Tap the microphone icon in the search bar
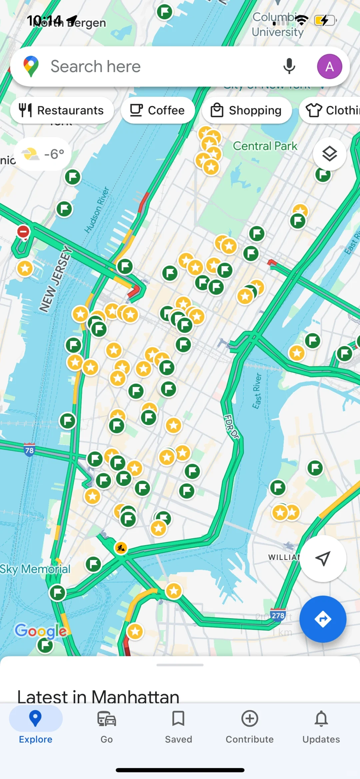pyautogui.click(x=289, y=66)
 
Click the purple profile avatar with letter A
pyautogui.click(x=329, y=66)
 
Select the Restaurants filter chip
pyautogui.click(x=62, y=110)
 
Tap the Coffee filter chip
pyautogui.click(x=158, y=110)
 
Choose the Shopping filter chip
pyautogui.click(x=247, y=110)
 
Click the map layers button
pyautogui.click(x=329, y=154)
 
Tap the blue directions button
pyautogui.click(x=322, y=619)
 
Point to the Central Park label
pyautogui.click(x=265, y=146)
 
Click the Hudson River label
pyautogui.click(x=97, y=210)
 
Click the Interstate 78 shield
pyautogui.click(x=29, y=450)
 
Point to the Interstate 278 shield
pyautogui.click(x=278, y=615)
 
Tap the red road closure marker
pyautogui.click(x=23, y=232)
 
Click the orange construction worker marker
pyautogui.click(x=121, y=548)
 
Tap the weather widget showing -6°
pyautogui.click(x=43, y=154)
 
